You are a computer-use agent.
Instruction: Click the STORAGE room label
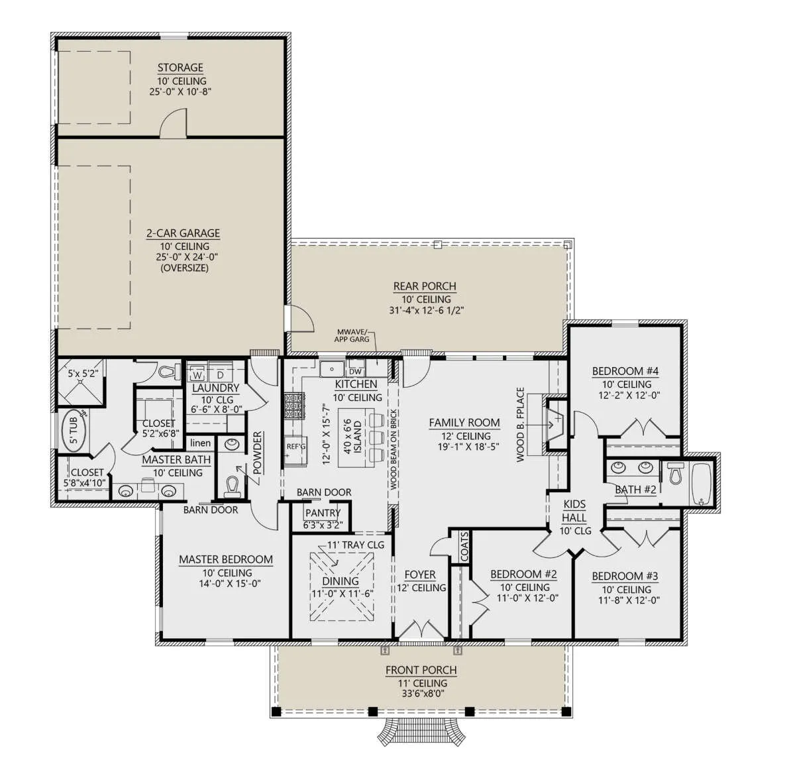click(x=180, y=68)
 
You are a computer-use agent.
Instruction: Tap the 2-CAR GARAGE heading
click(x=183, y=233)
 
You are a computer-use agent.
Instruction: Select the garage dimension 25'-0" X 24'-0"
click(x=187, y=257)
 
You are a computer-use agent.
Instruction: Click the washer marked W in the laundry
click(x=197, y=374)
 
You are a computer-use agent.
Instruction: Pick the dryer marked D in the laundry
click(x=220, y=374)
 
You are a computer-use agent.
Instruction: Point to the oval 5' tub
click(x=74, y=430)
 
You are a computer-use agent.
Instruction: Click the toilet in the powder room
click(x=232, y=488)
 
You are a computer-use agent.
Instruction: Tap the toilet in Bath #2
click(x=674, y=473)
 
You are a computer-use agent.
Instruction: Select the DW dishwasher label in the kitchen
click(x=355, y=372)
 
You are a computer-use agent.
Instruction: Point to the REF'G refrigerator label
click(x=295, y=447)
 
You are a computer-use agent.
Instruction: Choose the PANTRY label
click(x=323, y=513)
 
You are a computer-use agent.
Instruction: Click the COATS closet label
click(x=464, y=547)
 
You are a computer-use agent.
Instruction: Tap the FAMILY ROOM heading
click(x=464, y=423)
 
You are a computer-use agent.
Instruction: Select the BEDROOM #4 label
click(x=625, y=372)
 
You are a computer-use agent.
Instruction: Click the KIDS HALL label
click(x=574, y=511)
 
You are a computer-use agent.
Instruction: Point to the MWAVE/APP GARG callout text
click(x=352, y=335)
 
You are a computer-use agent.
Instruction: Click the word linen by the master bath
click(x=201, y=443)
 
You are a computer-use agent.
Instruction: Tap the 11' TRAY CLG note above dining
click(x=356, y=545)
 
